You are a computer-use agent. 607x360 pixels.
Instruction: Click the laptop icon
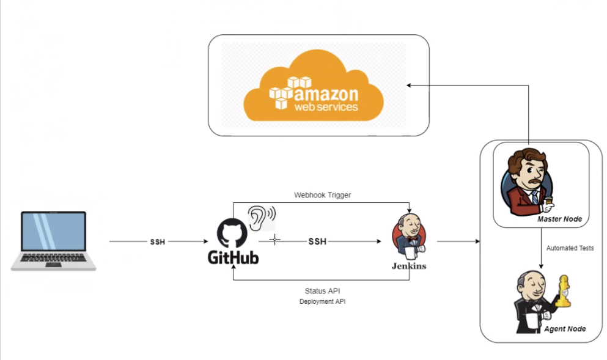point(53,240)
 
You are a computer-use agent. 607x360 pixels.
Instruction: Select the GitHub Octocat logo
point(232,233)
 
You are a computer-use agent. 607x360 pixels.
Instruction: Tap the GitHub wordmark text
point(233,258)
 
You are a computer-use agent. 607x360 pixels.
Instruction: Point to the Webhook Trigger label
point(322,195)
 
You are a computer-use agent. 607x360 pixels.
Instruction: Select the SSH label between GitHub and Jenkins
point(317,241)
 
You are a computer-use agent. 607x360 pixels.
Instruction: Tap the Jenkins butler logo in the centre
point(409,237)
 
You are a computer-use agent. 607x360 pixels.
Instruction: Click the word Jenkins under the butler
point(409,266)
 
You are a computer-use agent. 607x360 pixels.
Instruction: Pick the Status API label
point(322,291)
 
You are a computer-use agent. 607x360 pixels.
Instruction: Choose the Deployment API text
point(322,302)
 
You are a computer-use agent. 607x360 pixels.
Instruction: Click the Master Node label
point(559,219)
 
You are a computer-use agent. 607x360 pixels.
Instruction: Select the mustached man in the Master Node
point(526,181)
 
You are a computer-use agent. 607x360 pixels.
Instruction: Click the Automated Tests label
point(570,248)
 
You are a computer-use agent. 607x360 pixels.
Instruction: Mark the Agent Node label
point(565,329)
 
